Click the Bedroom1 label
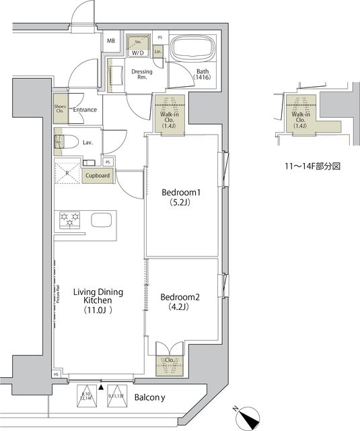pos(181,198)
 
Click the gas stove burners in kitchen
pos(70,219)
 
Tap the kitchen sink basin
pos(102,220)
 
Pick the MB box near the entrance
pos(110,40)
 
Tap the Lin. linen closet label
pos(158,52)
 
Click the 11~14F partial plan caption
pos(308,164)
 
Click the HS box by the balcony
pos(57,374)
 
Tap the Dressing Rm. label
pos(142,74)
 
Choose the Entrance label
pos(85,110)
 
